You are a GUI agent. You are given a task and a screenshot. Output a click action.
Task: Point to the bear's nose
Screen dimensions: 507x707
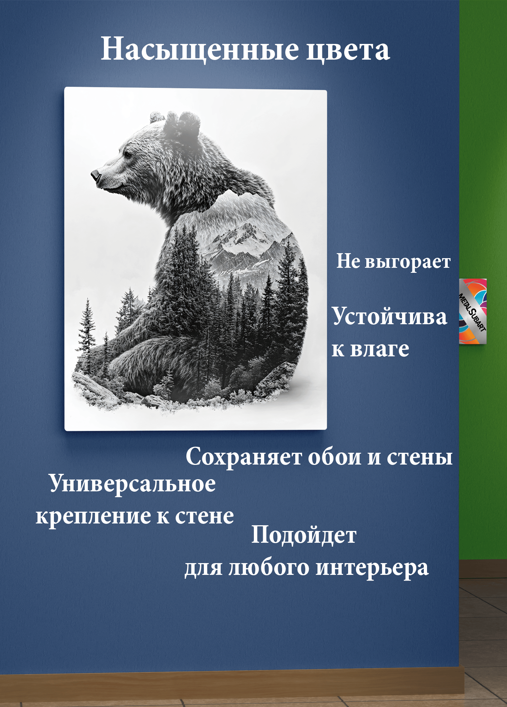click(95, 175)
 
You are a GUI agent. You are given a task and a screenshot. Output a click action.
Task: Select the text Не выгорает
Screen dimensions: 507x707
click(393, 262)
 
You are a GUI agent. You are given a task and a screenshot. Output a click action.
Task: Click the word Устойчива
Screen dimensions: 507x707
click(389, 317)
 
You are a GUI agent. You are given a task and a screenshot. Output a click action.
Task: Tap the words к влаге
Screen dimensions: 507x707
click(370, 349)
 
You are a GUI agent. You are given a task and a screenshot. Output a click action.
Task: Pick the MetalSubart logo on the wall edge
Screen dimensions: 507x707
click(473, 311)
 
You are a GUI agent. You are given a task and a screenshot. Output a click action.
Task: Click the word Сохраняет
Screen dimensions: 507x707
click(244, 457)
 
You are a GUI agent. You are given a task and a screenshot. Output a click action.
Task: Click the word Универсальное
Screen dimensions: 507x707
click(132, 484)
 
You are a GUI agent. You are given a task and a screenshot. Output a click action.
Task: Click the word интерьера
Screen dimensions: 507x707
click(372, 568)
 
